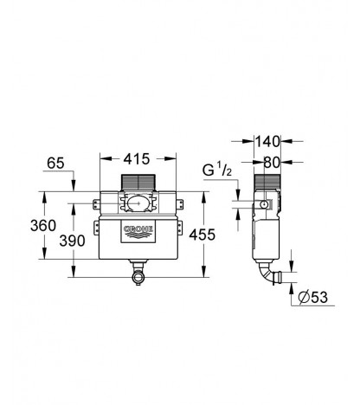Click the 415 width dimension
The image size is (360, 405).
click(137, 159)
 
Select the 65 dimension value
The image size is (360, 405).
click(55, 164)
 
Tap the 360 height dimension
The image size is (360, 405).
click(43, 225)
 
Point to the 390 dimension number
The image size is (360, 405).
click(72, 241)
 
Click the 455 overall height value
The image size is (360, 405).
click(202, 235)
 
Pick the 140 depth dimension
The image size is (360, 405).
click(267, 142)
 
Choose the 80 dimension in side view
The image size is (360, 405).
click(272, 163)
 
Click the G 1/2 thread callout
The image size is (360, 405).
click(217, 170)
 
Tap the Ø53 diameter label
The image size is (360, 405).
click(313, 297)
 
